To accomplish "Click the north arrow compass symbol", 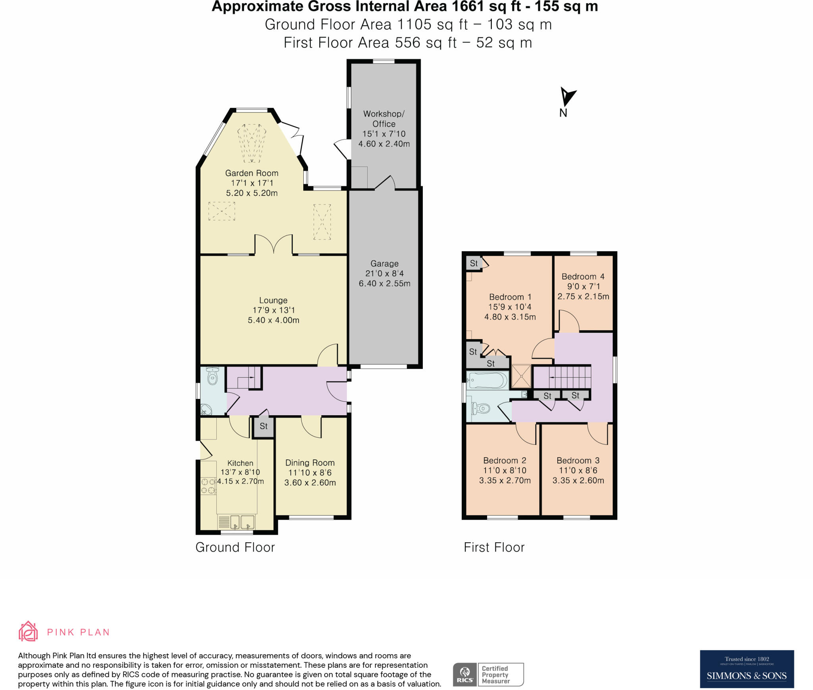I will tap(567, 97).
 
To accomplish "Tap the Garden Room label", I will tap(251, 173).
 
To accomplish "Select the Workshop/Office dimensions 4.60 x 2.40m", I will tap(384, 144).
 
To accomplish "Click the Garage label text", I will tap(384, 264).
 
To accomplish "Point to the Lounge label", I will tap(273, 301).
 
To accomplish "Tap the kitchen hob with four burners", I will tap(208, 486).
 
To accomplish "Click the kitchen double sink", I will tap(242, 522).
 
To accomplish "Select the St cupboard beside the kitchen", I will tap(264, 426).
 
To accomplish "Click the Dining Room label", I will tap(310, 463).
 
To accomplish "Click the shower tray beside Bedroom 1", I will tap(521, 376).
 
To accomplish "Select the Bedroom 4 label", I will tap(583, 277).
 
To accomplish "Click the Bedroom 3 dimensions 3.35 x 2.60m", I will tap(578, 480).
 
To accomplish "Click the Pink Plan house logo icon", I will tap(28, 632).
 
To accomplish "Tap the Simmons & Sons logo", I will tap(746, 669).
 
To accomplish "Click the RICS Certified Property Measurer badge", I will tap(488, 675).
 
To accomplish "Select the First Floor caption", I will tap(494, 547).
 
